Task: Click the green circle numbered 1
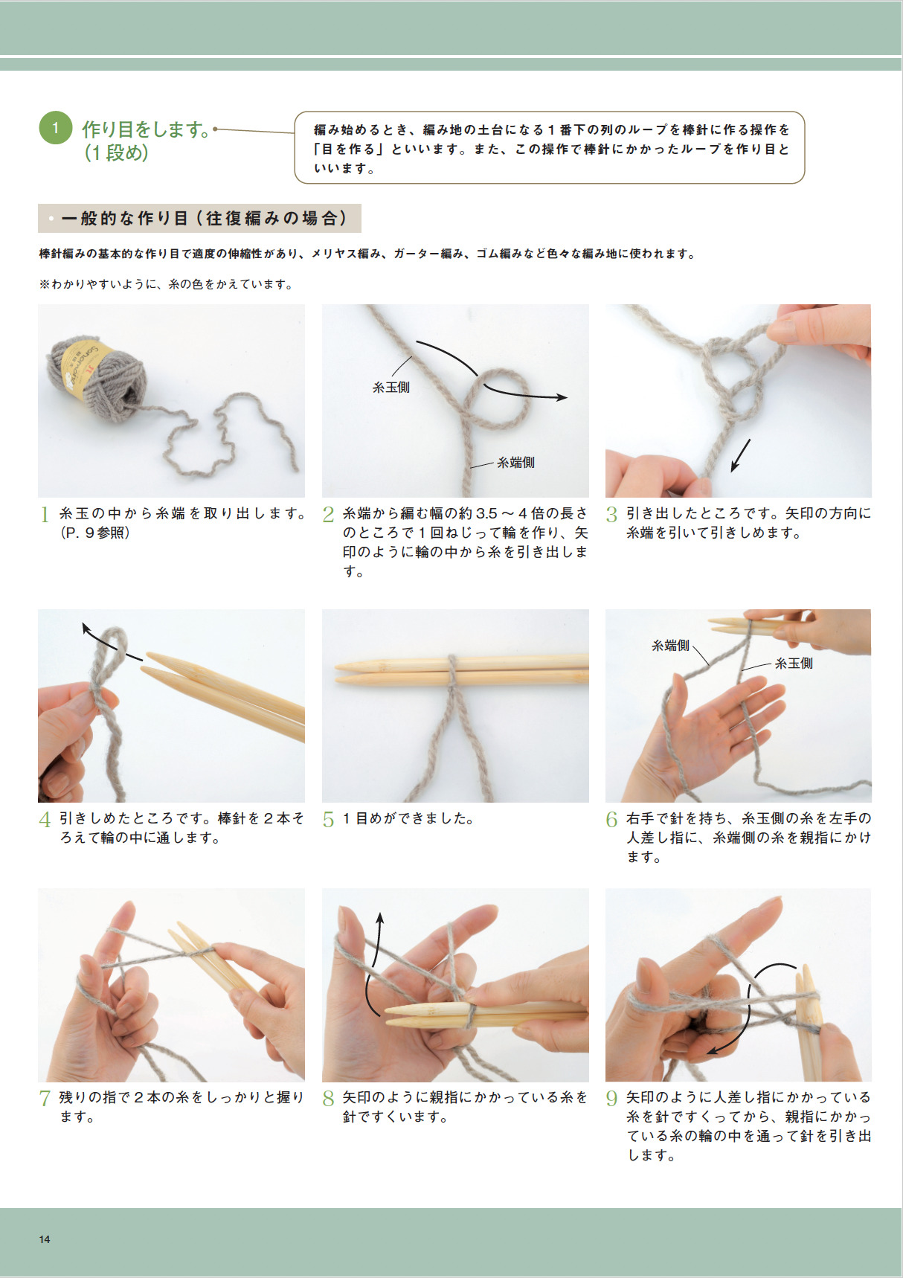click(55, 128)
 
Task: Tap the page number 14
click(45, 1239)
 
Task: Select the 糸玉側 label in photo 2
click(391, 387)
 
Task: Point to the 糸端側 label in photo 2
click(515, 462)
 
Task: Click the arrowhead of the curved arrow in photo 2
click(562, 397)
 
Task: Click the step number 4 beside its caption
click(45, 820)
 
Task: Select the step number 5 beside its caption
click(328, 820)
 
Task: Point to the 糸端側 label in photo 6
click(670, 646)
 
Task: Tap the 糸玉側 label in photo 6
click(794, 663)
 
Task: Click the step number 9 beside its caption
click(611, 1099)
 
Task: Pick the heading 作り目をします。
click(147, 129)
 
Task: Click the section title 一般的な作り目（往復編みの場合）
click(204, 218)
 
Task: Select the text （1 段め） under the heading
click(117, 153)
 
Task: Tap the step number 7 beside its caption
click(45, 1099)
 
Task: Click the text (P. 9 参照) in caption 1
click(94, 533)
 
